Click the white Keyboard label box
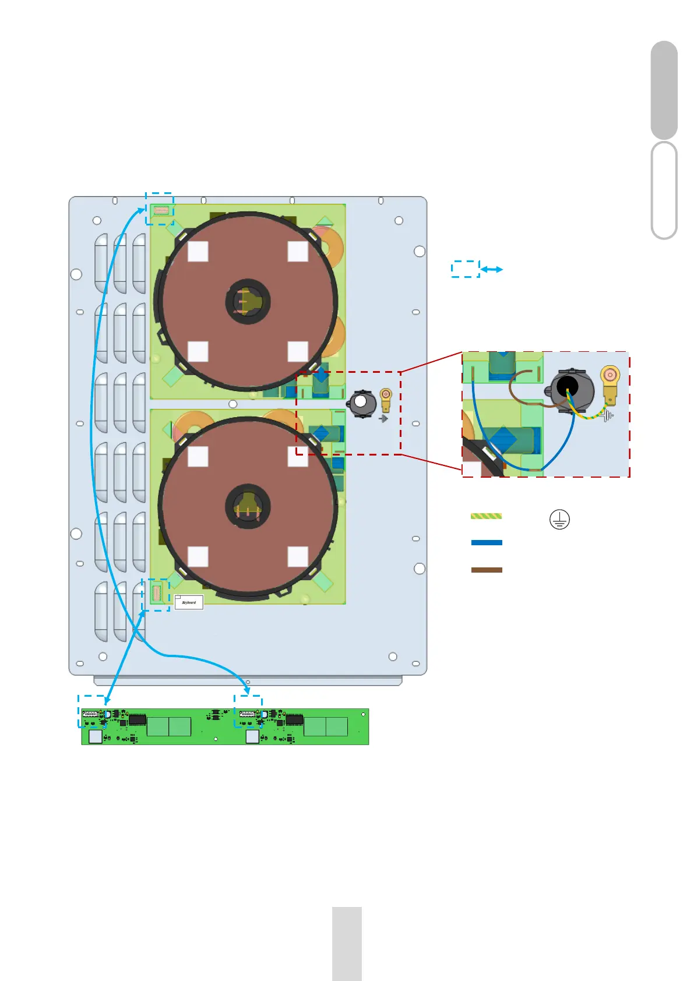[x=189, y=602]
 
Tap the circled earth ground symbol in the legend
[x=559, y=519]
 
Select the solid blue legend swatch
[x=487, y=542]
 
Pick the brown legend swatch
[x=487, y=570]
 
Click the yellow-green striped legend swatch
[x=486, y=516]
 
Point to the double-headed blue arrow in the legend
[x=492, y=270]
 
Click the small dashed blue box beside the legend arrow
[x=465, y=269]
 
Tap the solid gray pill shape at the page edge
[x=664, y=90]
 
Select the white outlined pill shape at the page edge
[x=664, y=190]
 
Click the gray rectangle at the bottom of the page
[x=347, y=944]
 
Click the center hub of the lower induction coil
[x=248, y=506]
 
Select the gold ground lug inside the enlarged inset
[x=610, y=384]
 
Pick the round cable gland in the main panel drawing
[x=362, y=403]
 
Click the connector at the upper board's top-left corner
[x=161, y=210]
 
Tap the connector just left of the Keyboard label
[x=156, y=594]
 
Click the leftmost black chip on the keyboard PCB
[x=137, y=719]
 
